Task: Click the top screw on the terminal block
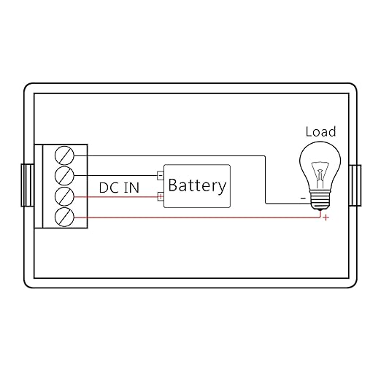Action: click(64, 155)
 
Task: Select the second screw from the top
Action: click(64, 176)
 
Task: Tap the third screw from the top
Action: click(64, 196)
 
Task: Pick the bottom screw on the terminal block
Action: click(64, 217)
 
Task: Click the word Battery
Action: click(197, 186)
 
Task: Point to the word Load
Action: click(320, 131)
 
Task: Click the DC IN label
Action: click(119, 188)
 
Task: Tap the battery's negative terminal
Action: click(161, 175)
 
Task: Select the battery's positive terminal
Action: click(161, 196)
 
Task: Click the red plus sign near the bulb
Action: click(326, 218)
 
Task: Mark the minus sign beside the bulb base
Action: click(303, 199)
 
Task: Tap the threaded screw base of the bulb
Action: click(320, 199)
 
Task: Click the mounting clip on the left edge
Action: click(27, 185)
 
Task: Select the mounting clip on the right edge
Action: click(355, 185)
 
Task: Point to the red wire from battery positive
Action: click(116, 196)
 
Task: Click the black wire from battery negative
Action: click(116, 175)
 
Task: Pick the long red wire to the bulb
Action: click(197, 218)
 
